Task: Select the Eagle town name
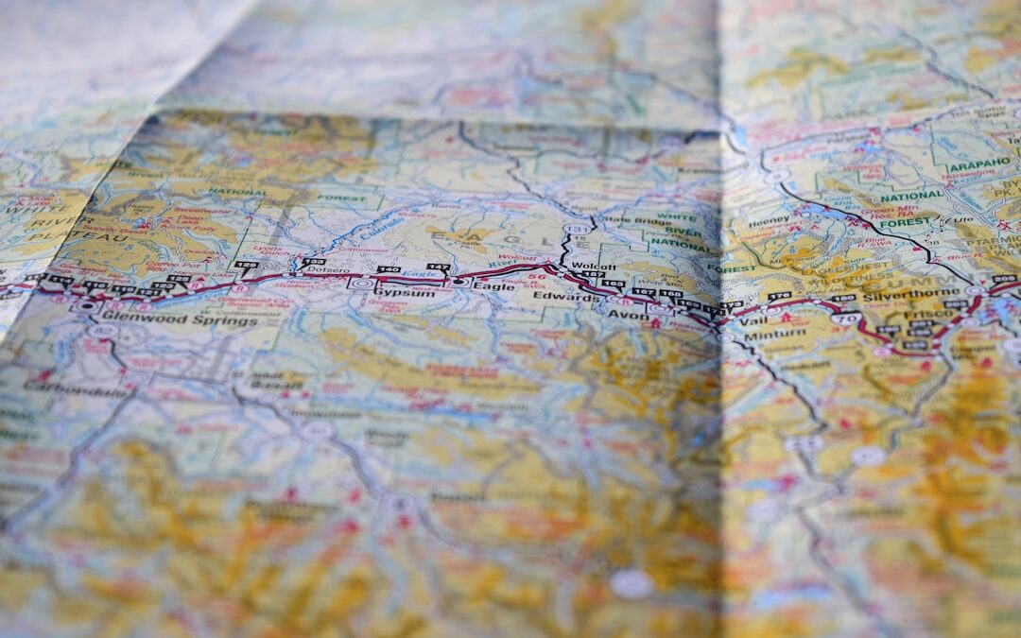(x=494, y=285)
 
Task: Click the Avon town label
(x=628, y=314)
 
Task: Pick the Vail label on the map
(x=753, y=321)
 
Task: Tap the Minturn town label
(x=774, y=335)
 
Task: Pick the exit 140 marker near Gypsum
(x=388, y=270)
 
